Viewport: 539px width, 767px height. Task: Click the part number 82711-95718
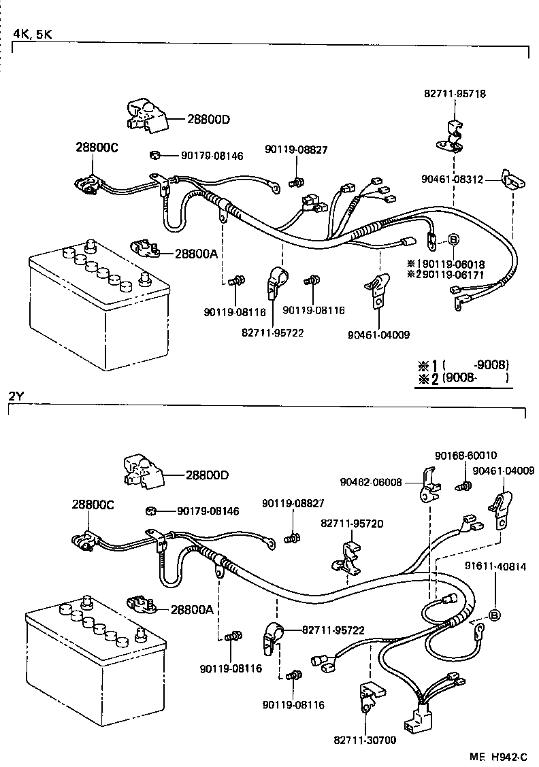click(455, 94)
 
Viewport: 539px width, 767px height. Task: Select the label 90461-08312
click(452, 180)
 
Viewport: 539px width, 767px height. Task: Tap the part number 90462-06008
click(371, 482)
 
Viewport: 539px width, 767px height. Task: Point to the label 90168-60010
click(465, 455)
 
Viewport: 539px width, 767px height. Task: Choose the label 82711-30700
click(365, 740)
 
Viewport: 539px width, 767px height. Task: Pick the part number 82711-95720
click(348, 524)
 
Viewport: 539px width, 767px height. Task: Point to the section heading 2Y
click(16, 396)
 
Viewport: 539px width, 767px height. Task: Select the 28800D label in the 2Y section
click(208, 474)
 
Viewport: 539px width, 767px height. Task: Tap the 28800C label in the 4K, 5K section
click(96, 147)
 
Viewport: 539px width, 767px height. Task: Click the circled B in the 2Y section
click(495, 615)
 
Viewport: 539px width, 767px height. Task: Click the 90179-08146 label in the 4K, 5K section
click(212, 156)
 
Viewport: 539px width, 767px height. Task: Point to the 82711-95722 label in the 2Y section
click(332, 630)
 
